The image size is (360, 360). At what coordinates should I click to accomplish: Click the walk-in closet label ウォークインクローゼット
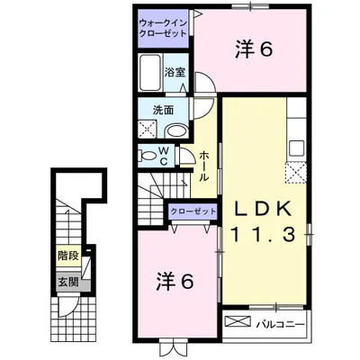pos(163,26)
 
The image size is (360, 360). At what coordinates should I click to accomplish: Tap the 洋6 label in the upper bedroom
pos(254,51)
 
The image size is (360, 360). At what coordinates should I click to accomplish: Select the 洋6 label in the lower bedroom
pos(176,281)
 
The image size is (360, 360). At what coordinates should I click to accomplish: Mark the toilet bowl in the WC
pos(149,156)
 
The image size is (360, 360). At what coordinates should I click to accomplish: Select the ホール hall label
pos(204,166)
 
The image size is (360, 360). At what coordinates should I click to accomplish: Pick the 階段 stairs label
pos(67,256)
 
